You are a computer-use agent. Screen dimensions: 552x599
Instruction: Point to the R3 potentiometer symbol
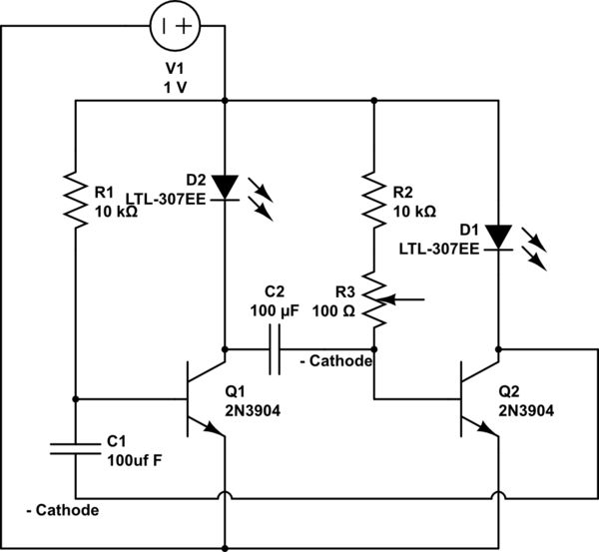(x=373, y=301)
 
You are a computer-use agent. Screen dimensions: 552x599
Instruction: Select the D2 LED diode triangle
(x=225, y=187)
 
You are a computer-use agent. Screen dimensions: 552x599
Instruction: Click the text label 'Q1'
(x=236, y=392)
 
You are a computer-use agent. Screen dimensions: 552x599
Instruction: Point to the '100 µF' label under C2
(x=275, y=310)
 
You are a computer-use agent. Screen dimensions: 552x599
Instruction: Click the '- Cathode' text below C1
(x=62, y=509)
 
